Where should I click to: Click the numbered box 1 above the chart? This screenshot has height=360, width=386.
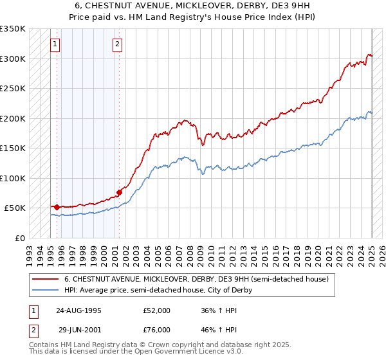click(x=55, y=44)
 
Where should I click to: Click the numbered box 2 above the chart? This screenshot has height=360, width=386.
click(x=118, y=44)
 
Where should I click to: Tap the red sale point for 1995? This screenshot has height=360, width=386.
click(x=57, y=207)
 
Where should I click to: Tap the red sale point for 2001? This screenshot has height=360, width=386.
click(x=120, y=192)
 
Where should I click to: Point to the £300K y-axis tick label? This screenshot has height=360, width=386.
click(x=12, y=59)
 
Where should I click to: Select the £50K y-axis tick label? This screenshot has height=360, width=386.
click(x=15, y=208)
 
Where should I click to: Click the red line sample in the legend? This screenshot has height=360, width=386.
click(x=46, y=279)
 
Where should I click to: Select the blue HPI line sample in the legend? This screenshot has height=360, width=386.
click(x=46, y=290)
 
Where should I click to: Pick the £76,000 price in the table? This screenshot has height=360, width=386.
click(x=157, y=329)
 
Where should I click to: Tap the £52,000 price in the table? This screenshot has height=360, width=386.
click(x=157, y=310)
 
